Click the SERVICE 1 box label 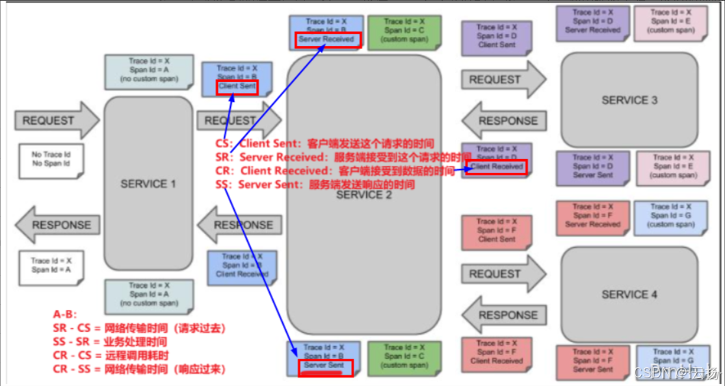[x=148, y=184]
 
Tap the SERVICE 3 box [x=629, y=99]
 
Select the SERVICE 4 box [x=629, y=294]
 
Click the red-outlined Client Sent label [x=237, y=86]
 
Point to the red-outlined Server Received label [x=326, y=40]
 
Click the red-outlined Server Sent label [x=324, y=366]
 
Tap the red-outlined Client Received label [x=497, y=166]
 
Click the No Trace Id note [x=51, y=160]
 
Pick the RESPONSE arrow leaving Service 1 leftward [x=57, y=225]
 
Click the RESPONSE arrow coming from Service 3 [x=503, y=120]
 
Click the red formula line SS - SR [x=110, y=341]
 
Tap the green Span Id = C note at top [x=404, y=31]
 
